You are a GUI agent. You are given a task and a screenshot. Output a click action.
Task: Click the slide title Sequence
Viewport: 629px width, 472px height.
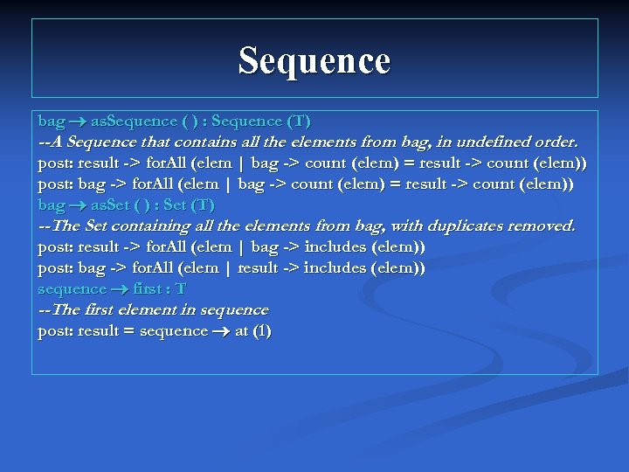[x=314, y=60]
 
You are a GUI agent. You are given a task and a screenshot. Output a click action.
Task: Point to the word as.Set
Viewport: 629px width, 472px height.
[x=111, y=205]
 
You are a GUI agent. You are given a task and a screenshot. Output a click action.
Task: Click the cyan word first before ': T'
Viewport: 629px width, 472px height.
[x=146, y=288]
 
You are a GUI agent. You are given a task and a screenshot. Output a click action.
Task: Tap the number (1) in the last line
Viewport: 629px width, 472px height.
[x=261, y=330]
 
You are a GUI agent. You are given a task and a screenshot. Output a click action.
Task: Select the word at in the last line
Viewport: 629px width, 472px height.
[x=241, y=330]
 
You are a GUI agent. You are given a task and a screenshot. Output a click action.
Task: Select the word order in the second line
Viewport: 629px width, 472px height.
[x=556, y=142]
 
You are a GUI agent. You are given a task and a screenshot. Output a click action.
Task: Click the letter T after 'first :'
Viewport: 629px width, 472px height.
[x=181, y=288]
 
